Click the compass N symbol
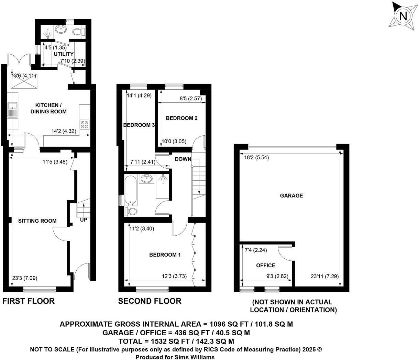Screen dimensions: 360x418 point(403,16)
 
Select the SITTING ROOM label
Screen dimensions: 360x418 point(37,221)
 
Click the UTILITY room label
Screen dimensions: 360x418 point(64,54)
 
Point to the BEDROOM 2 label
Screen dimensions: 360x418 point(181,118)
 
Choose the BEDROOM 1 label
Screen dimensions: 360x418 point(165,255)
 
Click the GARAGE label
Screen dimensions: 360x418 point(291,195)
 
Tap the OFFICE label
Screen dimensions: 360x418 point(266,266)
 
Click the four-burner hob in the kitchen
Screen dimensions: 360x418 point(85,125)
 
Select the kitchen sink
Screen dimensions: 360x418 point(13,110)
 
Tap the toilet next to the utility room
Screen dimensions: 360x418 point(78,32)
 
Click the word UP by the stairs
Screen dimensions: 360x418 point(84,220)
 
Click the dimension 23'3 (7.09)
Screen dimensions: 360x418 point(22,278)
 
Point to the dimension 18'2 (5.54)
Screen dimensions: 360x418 point(256,158)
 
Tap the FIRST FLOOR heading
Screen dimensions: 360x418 point(29,301)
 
